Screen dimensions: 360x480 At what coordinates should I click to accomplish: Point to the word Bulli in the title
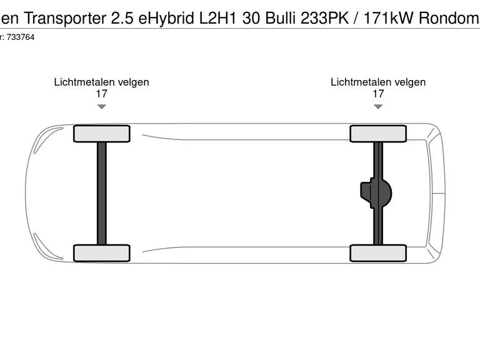click(282, 17)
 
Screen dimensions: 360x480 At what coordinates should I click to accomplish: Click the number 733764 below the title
click(21, 37)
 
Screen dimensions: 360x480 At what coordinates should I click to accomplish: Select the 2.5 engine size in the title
click(122, 17)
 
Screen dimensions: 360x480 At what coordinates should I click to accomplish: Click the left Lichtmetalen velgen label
click(101, 82)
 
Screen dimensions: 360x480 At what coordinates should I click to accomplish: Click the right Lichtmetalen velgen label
click(378, 82)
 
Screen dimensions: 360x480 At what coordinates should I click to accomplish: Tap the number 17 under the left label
click(101, 94)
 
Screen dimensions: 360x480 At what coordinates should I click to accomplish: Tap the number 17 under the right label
click(378, 94)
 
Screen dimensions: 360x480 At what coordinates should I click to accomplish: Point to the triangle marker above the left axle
click(101, 107)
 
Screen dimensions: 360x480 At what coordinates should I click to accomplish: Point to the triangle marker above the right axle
click(378, 107)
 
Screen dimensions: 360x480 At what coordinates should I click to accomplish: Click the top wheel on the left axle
click(101, 134)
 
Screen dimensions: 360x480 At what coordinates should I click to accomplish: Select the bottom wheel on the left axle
click(101, 252)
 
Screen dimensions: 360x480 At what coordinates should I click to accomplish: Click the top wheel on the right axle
click(378, 134)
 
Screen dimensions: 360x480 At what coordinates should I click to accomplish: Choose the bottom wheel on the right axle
click(378, 252)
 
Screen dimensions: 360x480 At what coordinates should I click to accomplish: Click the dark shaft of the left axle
click(101, 193)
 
